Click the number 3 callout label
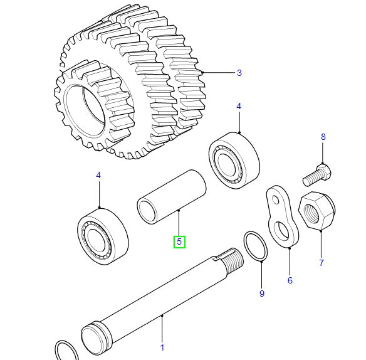[x=239, y=73]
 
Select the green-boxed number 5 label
[x=179, y=241]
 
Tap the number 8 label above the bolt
[x=323, y=137]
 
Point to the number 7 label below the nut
[x=322, y=263]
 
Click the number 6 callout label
[x=290, y=280]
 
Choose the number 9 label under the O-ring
[x=262, y=294]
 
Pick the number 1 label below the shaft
[x=162, y=347]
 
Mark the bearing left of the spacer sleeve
[x=102, y=235]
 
